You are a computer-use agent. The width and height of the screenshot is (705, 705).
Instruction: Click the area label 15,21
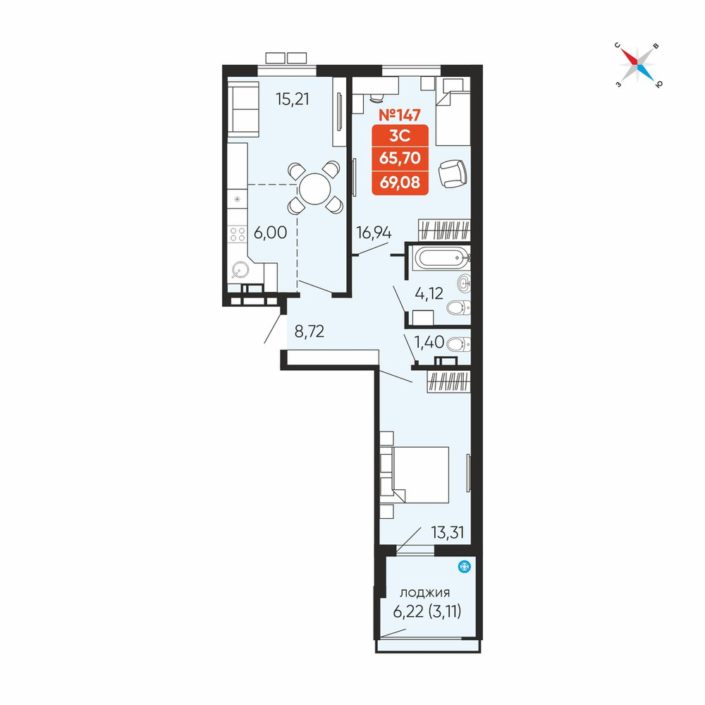[293, 99]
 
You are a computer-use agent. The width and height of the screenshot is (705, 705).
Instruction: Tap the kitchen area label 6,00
[270, 233]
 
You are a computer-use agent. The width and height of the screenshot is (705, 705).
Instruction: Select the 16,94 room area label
[374, 233]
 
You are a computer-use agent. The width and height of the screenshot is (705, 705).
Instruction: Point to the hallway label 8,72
[309, 332]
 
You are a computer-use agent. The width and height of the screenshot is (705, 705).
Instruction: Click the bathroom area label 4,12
[429, 293]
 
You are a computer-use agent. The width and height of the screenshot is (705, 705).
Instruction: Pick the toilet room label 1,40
[429, 342]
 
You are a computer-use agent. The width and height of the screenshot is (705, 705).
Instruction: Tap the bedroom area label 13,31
[448, 533]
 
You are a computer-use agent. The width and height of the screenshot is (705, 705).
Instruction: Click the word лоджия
[425, 593]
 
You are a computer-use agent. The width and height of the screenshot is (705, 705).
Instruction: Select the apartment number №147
[400, 115]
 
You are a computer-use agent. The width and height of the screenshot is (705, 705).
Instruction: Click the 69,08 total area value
[400, 183]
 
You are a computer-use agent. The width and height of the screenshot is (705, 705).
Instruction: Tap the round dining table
[314, 188]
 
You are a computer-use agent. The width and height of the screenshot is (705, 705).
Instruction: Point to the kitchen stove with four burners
[237, 234]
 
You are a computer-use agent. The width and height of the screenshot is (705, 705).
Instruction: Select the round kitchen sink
[240, 271]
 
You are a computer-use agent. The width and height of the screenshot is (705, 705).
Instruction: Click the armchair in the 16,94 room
[453, 173]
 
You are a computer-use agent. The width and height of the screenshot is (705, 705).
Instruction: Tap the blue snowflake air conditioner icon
[464, 567]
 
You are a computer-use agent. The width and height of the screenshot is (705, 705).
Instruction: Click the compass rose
[637, 65]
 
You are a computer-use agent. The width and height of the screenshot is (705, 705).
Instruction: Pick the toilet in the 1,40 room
[459, 345]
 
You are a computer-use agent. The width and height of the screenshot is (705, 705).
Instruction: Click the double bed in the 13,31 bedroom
[415, 474]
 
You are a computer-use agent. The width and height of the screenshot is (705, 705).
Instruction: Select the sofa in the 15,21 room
[243, 109]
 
